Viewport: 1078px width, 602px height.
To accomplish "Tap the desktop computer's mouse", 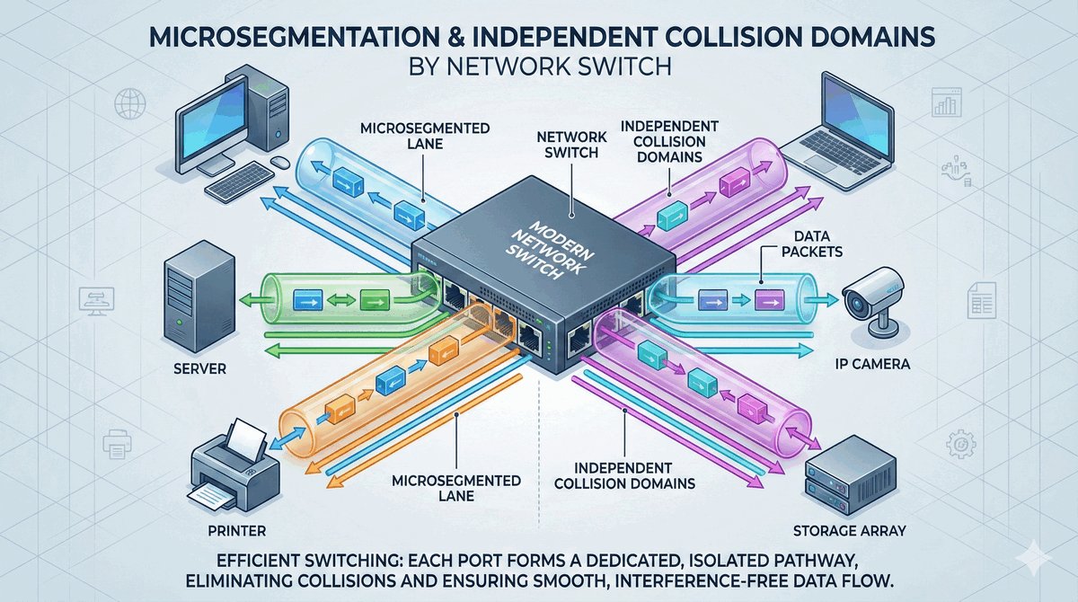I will pyautogui.click(x=279, y=164).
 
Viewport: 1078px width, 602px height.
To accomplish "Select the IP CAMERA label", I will pyautogui.click(x=868, y=365).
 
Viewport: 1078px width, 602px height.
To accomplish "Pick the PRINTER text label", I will pyautogui.click(x=230, y=530).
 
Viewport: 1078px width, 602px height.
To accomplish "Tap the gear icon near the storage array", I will pyautogui.click(x=960, y=444).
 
